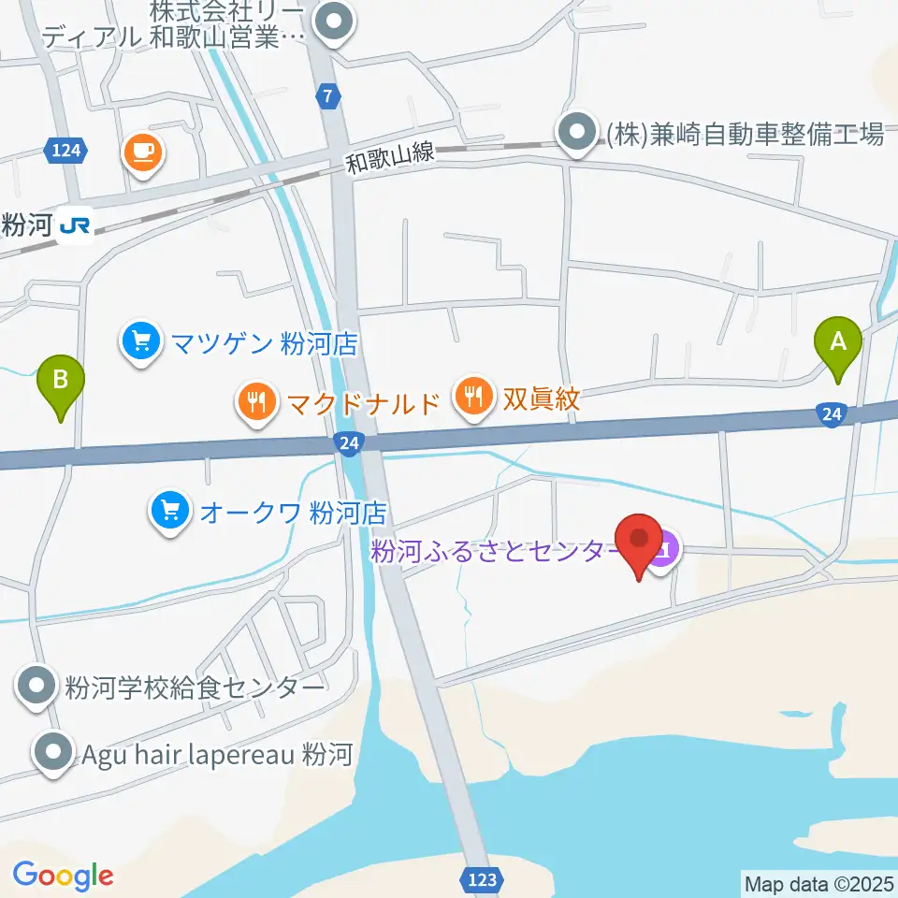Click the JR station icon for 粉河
(75, 225)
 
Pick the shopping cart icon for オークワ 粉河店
(169, 511)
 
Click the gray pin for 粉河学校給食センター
(37, 687)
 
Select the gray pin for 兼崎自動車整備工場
(577, 133)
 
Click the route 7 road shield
(325, 94)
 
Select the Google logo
(63, 876)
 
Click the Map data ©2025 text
(818, 882)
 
